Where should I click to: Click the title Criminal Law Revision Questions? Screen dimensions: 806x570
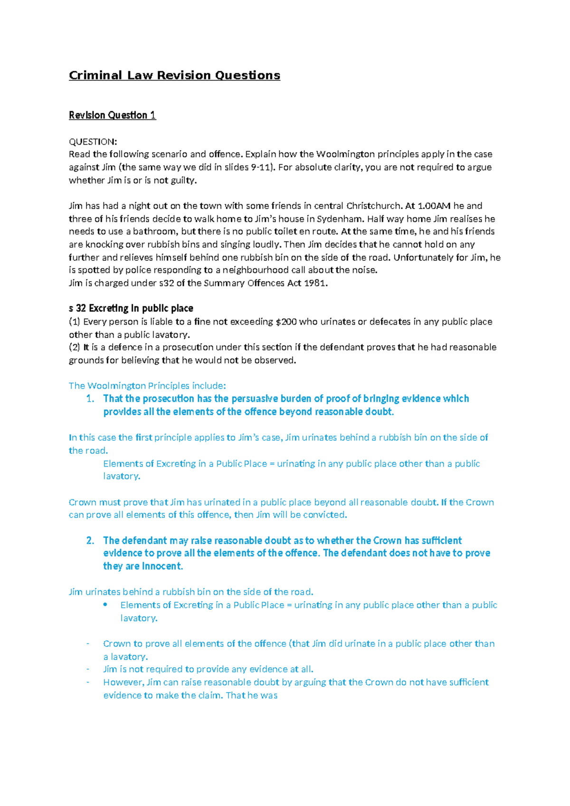pyautogui.click(x=174, y=76)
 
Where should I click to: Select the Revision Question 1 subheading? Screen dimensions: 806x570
pyautogui.click(x=112, y=115)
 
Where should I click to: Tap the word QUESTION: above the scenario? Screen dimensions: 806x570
pyautogui.click(x=93, y=142)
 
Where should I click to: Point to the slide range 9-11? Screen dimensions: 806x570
pyautogui.click(x=261, y=167)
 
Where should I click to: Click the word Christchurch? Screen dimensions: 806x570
pyautogui.click(x=374, y=206)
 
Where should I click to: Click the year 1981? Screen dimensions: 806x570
pyautogui.click(x=315, y=283)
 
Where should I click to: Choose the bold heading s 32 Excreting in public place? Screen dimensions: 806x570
pyautogui.click(x=131, y=308)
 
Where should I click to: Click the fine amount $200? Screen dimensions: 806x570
pyautogui.click(x=286, y=322)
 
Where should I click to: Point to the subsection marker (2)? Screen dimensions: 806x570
pyautogui.click(x=75, y=347)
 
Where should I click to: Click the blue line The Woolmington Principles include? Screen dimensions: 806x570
pyautogui.click(x=147, y=386)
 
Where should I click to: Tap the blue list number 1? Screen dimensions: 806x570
pyautogui.click(x=90, y=399)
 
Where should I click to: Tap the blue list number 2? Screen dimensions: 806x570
pyautogui.click(x=90, y=540)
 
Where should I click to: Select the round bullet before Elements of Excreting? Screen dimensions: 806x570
pyautogui.click(x=105, y=605)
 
